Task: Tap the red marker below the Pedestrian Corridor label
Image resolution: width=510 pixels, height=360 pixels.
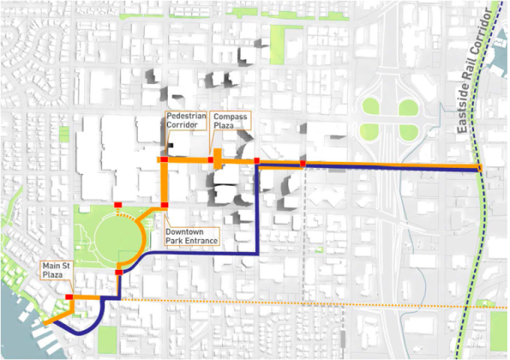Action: tap(162, 160)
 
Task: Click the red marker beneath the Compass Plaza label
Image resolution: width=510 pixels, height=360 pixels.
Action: tap(211, 160)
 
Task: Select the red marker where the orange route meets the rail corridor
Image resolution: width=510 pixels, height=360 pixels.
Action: tap(480, 168)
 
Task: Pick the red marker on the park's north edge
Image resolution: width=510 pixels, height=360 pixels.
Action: tap(117, 204)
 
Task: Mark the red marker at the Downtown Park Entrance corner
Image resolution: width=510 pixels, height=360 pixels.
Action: tap(163, 205)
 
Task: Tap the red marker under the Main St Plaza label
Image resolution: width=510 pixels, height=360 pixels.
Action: tap(69, 297)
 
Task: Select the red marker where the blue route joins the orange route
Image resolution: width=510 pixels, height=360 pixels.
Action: tap(256, 161)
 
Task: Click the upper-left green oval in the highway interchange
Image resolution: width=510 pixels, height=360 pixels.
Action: tap(370, 107)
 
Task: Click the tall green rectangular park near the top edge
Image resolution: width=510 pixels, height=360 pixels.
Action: tap(277, 45)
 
